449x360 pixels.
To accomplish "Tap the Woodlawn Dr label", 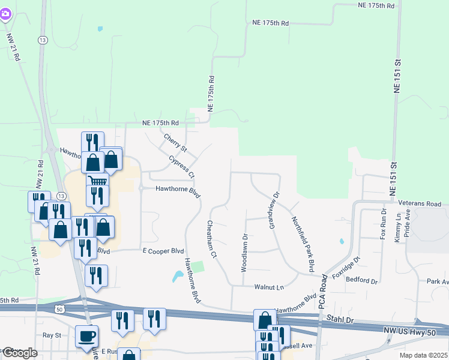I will pos(244,253).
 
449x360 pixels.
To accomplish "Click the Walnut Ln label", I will pos(268,287).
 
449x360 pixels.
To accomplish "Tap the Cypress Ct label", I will pos(181,167).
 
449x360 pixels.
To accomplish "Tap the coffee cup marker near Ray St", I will pos(86,337).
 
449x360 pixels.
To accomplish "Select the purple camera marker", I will pos(5,13).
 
